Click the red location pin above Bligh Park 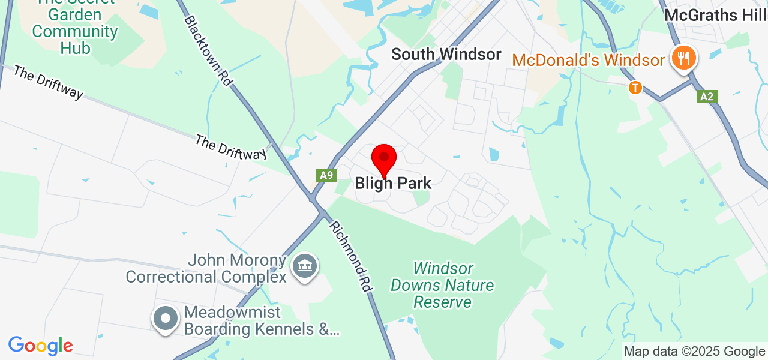tap(384, 159)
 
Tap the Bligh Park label tap(393, 183)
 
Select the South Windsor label tap(446, 54)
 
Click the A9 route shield tap(326, 175)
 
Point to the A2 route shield tap(707, 97)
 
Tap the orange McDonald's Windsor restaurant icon tap(683, 58)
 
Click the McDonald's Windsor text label tap(588, 60)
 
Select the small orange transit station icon tap(635, 88)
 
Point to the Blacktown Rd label tap(208, 50)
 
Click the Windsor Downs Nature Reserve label tap(442, 285)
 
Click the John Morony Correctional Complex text tap(206, 269)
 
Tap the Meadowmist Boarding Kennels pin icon tap(166, 319)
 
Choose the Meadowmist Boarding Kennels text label tap(262, 321)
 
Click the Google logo tap(40, 346)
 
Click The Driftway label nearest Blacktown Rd tap(230, 147)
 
